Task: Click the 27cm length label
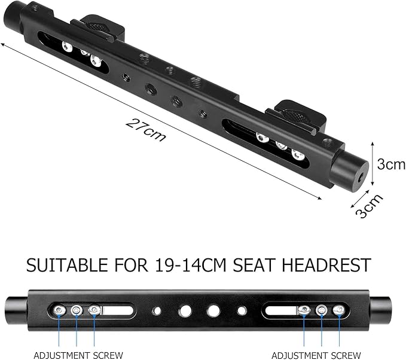[145, 130]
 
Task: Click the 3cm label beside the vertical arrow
[391, 164]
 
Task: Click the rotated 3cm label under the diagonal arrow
[370, 206]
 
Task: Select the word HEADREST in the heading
[326, 265]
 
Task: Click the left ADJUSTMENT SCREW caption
[78, 355]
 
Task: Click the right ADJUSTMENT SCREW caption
[316, 355]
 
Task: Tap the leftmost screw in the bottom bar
[59, 310]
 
